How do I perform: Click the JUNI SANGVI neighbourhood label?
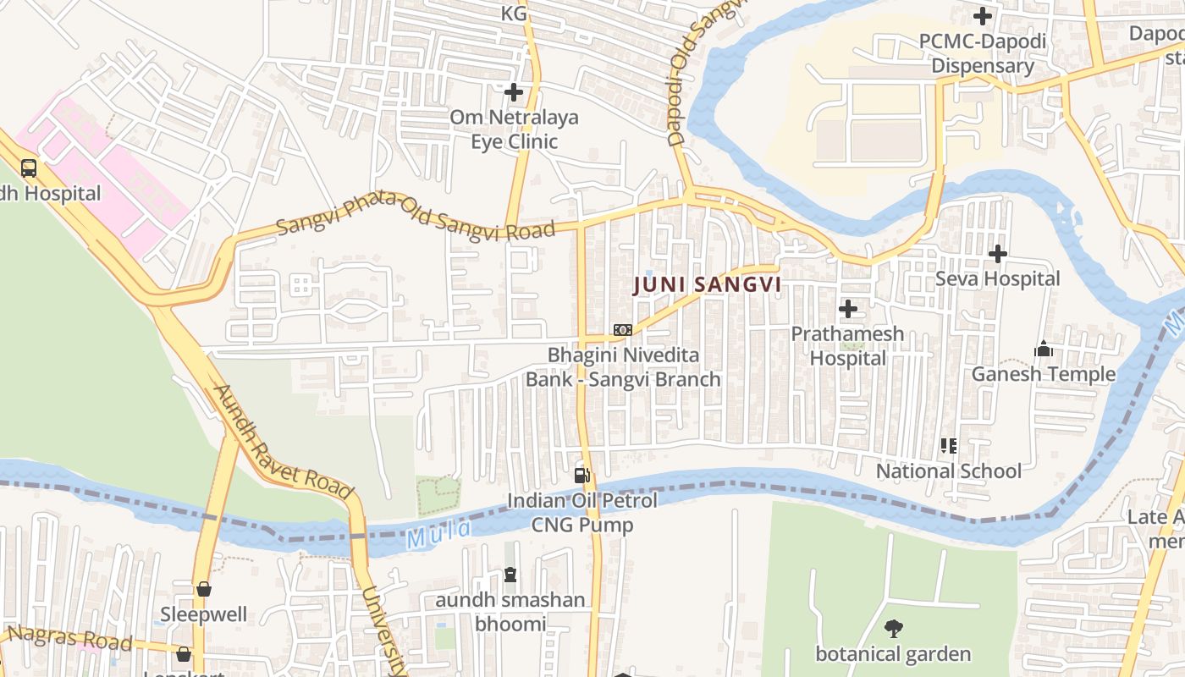pos(707,285)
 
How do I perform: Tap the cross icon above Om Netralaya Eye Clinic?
pos(514,92)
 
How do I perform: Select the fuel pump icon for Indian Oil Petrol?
pos(581,476)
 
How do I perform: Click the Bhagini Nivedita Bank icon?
pos(622,329)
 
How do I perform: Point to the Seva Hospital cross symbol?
pos(998,253)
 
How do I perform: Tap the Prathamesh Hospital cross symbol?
pos(847,309)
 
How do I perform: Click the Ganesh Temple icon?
pos(1043,349)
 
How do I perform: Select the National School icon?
pos(948,445)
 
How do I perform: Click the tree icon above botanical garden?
pos(892,628)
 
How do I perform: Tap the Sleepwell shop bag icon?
pos(203,589)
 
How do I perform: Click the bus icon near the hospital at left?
pos(29,168)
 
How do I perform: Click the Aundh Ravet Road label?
pos(282,442)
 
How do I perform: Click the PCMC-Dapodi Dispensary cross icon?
pos(982,16)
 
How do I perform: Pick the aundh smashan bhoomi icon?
pos(510,575)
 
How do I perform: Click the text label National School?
pos(948,471)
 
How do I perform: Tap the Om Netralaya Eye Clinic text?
pos(514,129)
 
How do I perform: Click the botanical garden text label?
pos(892,654)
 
